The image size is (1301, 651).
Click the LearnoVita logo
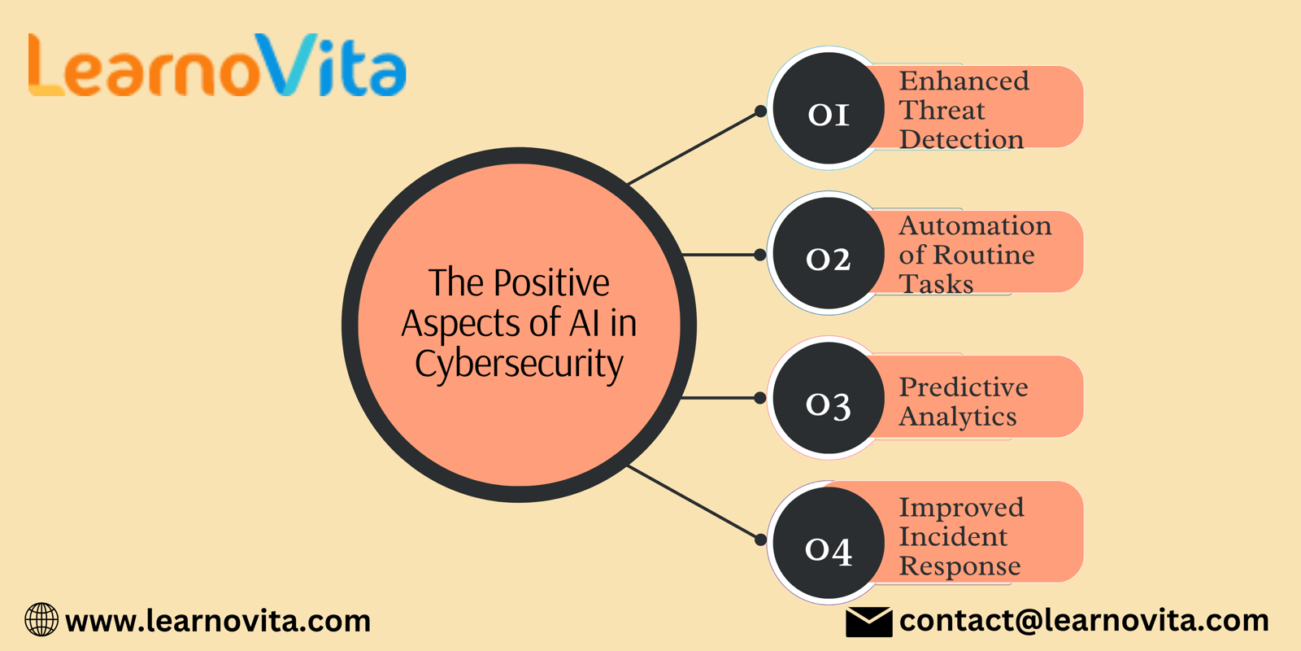click(217, 64)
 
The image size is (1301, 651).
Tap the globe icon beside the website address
click(41, 619)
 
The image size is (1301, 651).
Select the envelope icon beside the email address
click(869, 622)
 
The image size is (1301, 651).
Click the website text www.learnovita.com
click(218, 621)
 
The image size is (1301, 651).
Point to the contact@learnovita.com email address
click(1084, 620)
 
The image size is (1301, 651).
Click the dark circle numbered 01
click(829, 108)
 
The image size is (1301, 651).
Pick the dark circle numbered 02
click(829, 253)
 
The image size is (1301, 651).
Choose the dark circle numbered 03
click(829, 398)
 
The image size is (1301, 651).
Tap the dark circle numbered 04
click(829, 542)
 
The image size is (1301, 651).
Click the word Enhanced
click(964, 81)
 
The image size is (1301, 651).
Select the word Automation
click(975, 225)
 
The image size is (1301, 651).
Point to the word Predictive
click(964, 387)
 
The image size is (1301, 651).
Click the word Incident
click(953, 536)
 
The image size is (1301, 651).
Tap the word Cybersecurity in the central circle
click(520, 365)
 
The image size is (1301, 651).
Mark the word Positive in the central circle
click(551, 283)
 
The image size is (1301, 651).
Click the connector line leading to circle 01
click(694, 147)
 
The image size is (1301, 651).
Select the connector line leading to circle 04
click(694, 502)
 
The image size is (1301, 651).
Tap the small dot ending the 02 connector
click(759, 255)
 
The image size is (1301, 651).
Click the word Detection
click(961, 139)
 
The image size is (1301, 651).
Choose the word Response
click(959, 566)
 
